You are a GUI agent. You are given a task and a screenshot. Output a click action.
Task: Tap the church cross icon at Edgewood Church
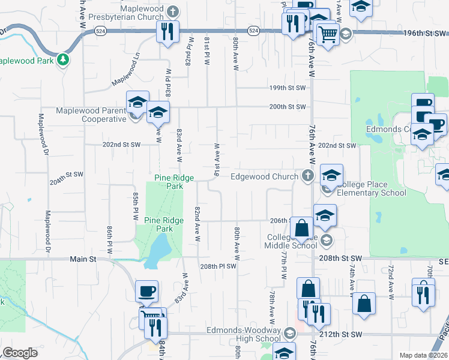point(307,176)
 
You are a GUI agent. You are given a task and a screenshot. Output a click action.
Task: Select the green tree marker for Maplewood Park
point(63,60)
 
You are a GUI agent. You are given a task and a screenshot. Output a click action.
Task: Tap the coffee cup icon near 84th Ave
point(147,292)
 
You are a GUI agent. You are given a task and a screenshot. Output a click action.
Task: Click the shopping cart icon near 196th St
point(328,35)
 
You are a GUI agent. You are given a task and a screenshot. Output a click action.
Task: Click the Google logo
point(20,352)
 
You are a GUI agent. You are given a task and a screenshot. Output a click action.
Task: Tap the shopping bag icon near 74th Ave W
point(364,304)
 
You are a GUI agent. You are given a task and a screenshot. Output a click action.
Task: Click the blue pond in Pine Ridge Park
point(157,248)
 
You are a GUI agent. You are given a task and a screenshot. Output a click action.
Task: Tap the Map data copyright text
point(423,355)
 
